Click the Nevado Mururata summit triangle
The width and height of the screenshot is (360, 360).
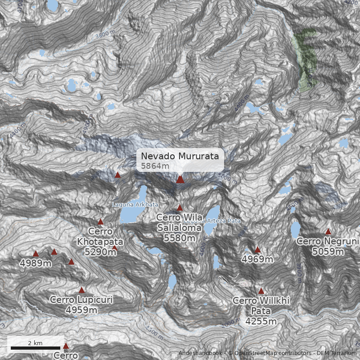[x=180, y=179]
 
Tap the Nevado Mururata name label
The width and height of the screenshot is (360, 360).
[x=180, y=156]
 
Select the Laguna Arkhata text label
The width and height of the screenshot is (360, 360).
[x=135, y=205]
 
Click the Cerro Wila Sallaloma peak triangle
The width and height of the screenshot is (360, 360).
[x=180, y=207]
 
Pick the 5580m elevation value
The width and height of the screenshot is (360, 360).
[x=179, y=238]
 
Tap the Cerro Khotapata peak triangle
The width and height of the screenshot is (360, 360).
[x=100, y=221]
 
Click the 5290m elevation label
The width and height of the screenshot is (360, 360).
[x=100, y=252]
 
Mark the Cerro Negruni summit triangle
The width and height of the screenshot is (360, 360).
[x=328, y=231]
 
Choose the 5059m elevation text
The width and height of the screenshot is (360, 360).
[x=328, y=252]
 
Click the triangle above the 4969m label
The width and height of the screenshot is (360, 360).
[x=257, y=249]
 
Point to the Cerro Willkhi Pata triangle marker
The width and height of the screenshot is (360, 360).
[x=261, y=291]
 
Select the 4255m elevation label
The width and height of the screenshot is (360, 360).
[x=261, y=321]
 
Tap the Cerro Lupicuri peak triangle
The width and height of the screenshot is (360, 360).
[x=81, y=290]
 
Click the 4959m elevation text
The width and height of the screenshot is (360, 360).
[x=81, y=310]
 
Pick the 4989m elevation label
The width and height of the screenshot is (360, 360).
[x=36, y=263]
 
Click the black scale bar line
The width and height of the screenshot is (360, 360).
[x=36, y=348]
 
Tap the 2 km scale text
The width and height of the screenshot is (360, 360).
[x=35, y=343]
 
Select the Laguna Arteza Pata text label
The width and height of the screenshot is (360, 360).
[x=212, y=221]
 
